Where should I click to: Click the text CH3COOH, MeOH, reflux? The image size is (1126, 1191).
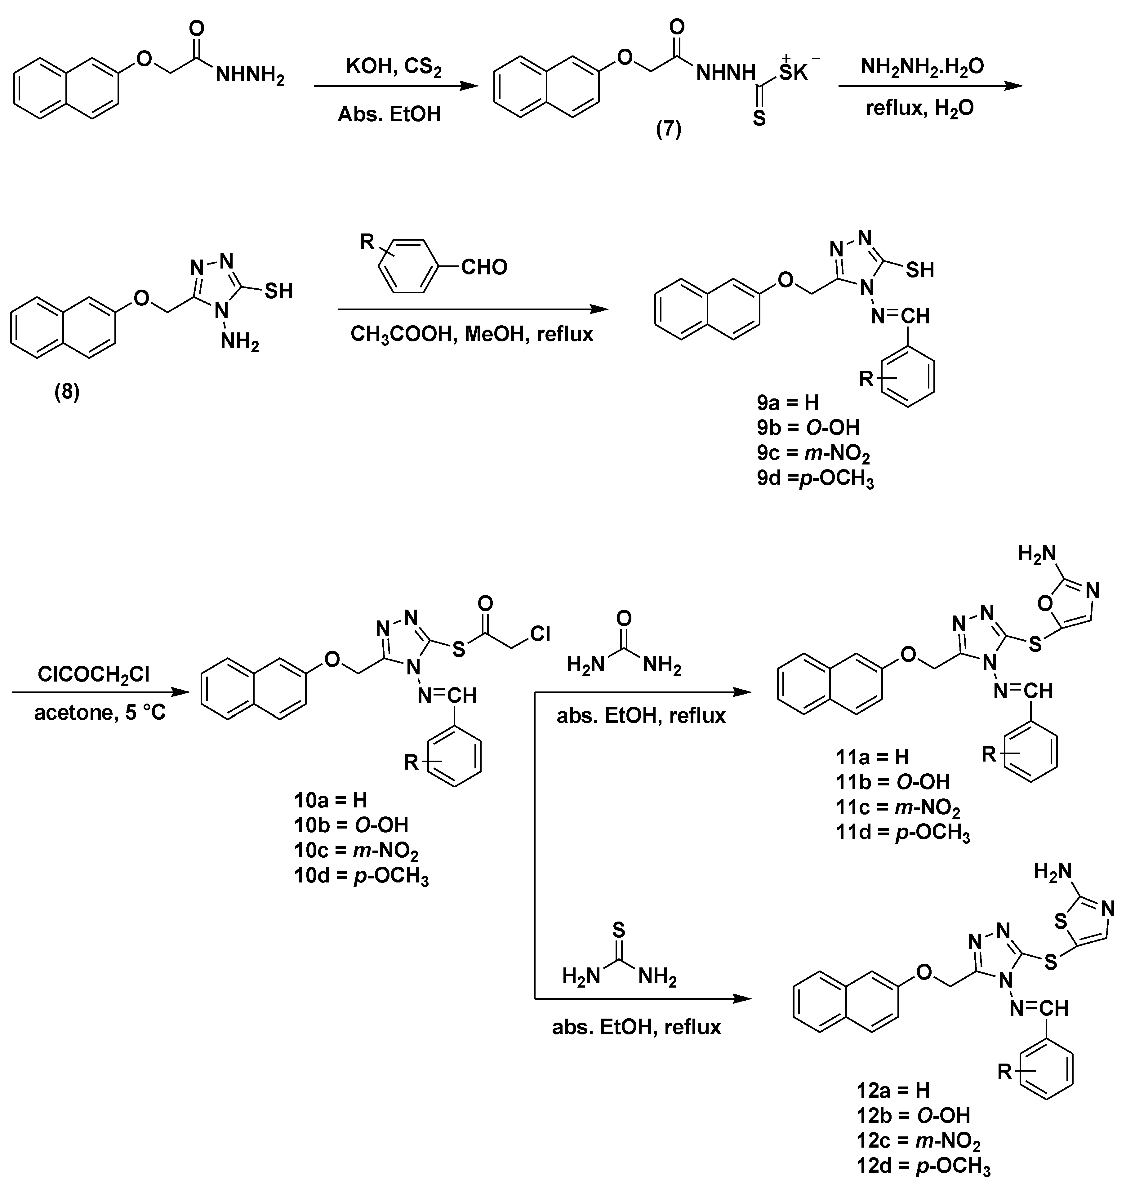(x=472, y=334)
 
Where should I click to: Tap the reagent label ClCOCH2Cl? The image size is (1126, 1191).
(x=93, y=674)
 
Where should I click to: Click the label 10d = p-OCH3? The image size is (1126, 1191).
(x=361, y=876)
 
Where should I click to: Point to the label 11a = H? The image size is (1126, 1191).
(x=872, y=757)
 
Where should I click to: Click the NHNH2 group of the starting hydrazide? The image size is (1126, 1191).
(x=250, y=76)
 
